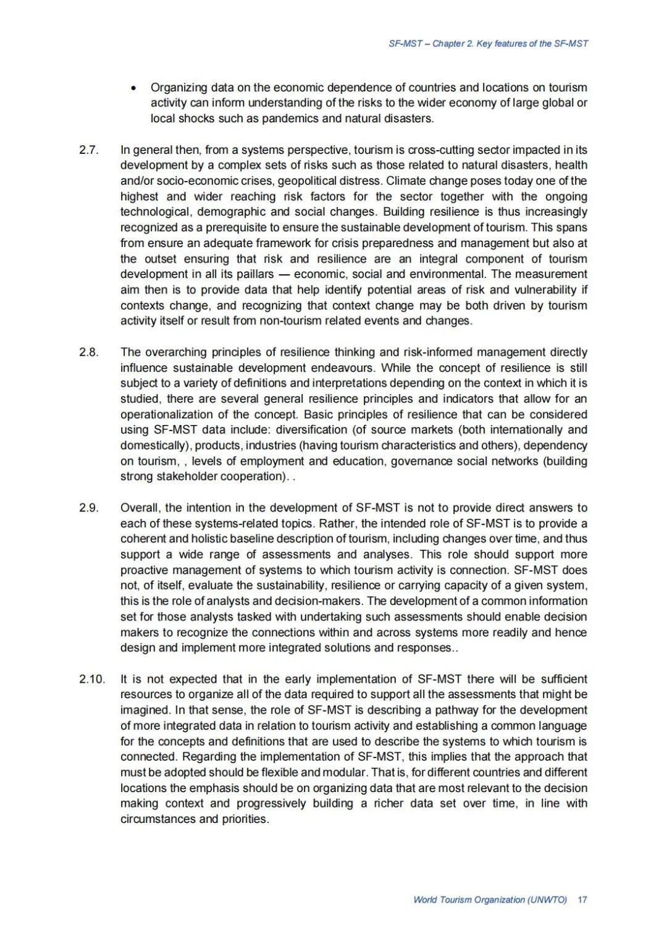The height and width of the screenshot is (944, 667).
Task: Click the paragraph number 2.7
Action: (x=89, y=150)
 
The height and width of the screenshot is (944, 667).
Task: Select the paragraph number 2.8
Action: (x=89, y=352)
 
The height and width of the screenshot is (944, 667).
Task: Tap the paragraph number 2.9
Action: (x=89, y=508)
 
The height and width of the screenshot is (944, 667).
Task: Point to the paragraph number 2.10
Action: (x=92, y=679)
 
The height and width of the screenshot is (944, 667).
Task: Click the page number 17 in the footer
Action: (x=582, y=900)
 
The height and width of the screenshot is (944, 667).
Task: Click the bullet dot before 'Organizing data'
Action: (x=133, y=88)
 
